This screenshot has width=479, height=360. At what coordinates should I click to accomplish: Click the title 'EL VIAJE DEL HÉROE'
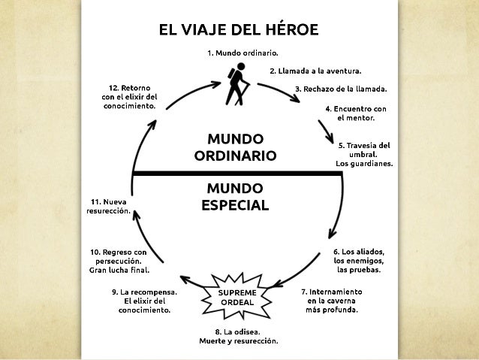[238, 30]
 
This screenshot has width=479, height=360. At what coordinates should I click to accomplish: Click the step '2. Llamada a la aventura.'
[315, 71]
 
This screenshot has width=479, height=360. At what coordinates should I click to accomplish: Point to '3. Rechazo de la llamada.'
[345, 89]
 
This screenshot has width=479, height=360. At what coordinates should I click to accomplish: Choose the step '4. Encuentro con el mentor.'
[356, 113]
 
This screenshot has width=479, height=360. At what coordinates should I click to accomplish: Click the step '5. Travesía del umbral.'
[363, 153]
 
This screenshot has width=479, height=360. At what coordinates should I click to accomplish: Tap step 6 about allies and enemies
[359, 260]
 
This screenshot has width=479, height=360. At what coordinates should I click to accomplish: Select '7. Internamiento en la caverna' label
[332, 300]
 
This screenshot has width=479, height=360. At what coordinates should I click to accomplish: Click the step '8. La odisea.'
[238, 335]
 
